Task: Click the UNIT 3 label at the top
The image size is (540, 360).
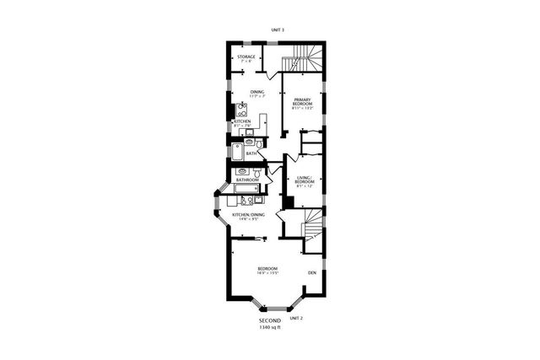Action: (278, 30)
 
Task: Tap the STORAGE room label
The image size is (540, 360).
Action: (246, 56)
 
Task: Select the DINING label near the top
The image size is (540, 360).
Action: (256, 91)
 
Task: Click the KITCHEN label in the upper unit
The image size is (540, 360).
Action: (242, 121)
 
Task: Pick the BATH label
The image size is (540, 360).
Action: (251, 153)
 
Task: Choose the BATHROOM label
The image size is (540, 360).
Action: (247, 180)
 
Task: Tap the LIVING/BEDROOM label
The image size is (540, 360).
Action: (305, 179)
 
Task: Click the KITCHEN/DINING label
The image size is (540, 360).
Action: (249, 214)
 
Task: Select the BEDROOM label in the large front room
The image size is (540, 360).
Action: (267, 268)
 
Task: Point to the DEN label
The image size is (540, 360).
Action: (311, 272)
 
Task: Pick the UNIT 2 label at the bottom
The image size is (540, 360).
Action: (295, 318)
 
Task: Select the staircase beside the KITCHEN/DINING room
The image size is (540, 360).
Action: (311, 228)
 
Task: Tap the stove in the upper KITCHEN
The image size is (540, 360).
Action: (241, 109)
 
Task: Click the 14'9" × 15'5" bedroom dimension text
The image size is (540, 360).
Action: (267, 273)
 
